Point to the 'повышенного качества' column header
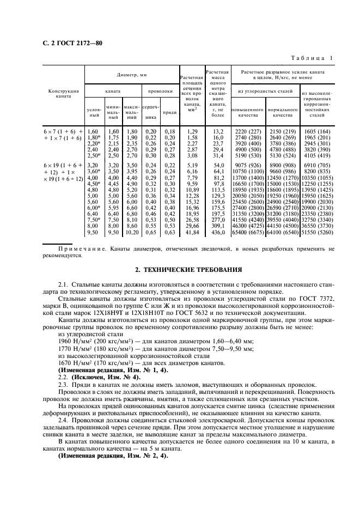pos(248,113)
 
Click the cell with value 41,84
pos(191,232)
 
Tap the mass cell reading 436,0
pos(218,232)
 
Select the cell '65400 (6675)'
pos(248,232)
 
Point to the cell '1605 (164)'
pos(318,131)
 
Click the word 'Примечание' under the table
pos(68,248)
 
